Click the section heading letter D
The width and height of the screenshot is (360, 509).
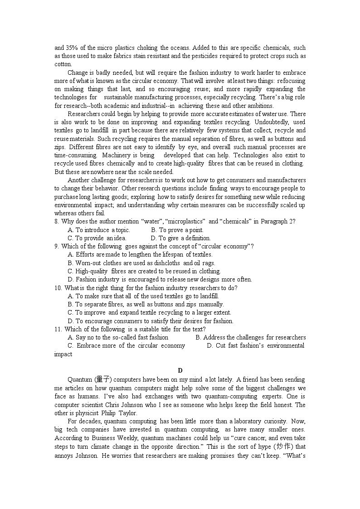pyautogui.click(x=180, y=371)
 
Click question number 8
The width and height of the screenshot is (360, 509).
pyautogui.click(x=57, y=222)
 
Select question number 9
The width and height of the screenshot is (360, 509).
pyautogui.click(x=57, y=247)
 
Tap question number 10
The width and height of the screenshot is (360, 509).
pyautogui.click(x=58, y=288)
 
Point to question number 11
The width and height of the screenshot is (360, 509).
pyautogui.click(x=58, y=329)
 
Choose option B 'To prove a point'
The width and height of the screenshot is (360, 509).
pyautogui.click(x=177, y=230)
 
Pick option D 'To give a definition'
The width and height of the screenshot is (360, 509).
pyautogui.click(x=181, y=238)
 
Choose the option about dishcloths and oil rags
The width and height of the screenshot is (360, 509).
pyautogui.click(x=141, y=263)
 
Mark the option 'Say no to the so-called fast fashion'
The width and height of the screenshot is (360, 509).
pyautogui.click(x=118, y=337)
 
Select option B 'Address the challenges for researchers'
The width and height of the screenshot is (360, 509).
pyautogui.click(x=250, y=337)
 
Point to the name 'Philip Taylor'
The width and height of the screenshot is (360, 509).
pyautogui.click(x=117, y=413)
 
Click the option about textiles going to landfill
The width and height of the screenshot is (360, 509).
pyautogui.click(x=143, y=296)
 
